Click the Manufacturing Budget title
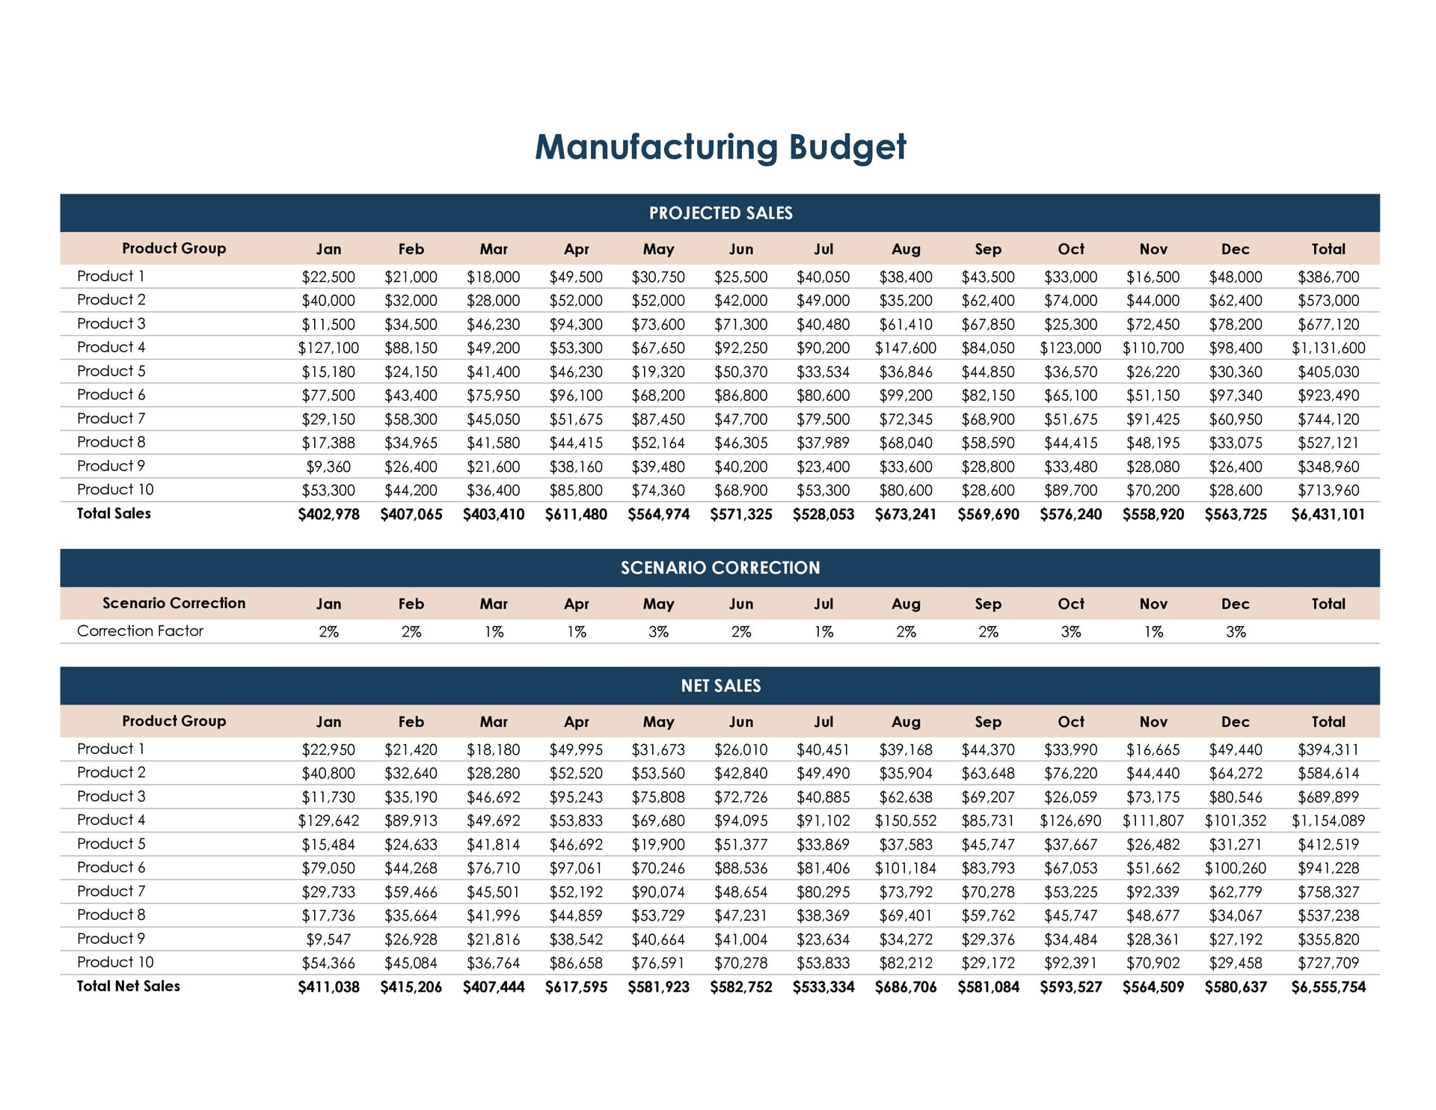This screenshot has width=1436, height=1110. coord(719,147)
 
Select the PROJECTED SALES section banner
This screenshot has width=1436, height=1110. coord(719,213)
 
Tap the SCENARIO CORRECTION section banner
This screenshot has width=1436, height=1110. coord(719,568)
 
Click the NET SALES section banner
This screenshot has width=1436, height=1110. coord(719,686)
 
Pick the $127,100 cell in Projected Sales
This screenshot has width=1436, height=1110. coord(328,348)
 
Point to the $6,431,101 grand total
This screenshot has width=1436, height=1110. coord(1328,515)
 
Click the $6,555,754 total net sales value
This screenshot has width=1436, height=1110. coord(1328,987)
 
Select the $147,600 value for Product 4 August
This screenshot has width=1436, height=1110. coord(905,348)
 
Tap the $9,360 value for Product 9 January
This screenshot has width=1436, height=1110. coord(328,467)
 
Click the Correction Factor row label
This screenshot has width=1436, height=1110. coord(140,631)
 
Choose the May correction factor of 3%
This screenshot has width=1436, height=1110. coord(658,632)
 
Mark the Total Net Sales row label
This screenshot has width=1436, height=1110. coord(128,987)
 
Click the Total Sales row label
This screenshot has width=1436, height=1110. coord(114,514)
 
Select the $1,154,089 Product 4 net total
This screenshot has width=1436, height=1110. coord(1328,821)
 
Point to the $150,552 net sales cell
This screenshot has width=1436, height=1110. coord(905,821)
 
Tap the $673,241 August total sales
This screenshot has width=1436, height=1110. coord(905,515)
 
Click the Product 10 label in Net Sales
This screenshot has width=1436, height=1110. coord(115,963)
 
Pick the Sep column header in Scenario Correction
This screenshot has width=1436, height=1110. coord(987,604)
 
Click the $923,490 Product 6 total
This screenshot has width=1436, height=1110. coord(1328,396)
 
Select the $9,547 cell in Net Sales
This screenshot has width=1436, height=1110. coord(328,939)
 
